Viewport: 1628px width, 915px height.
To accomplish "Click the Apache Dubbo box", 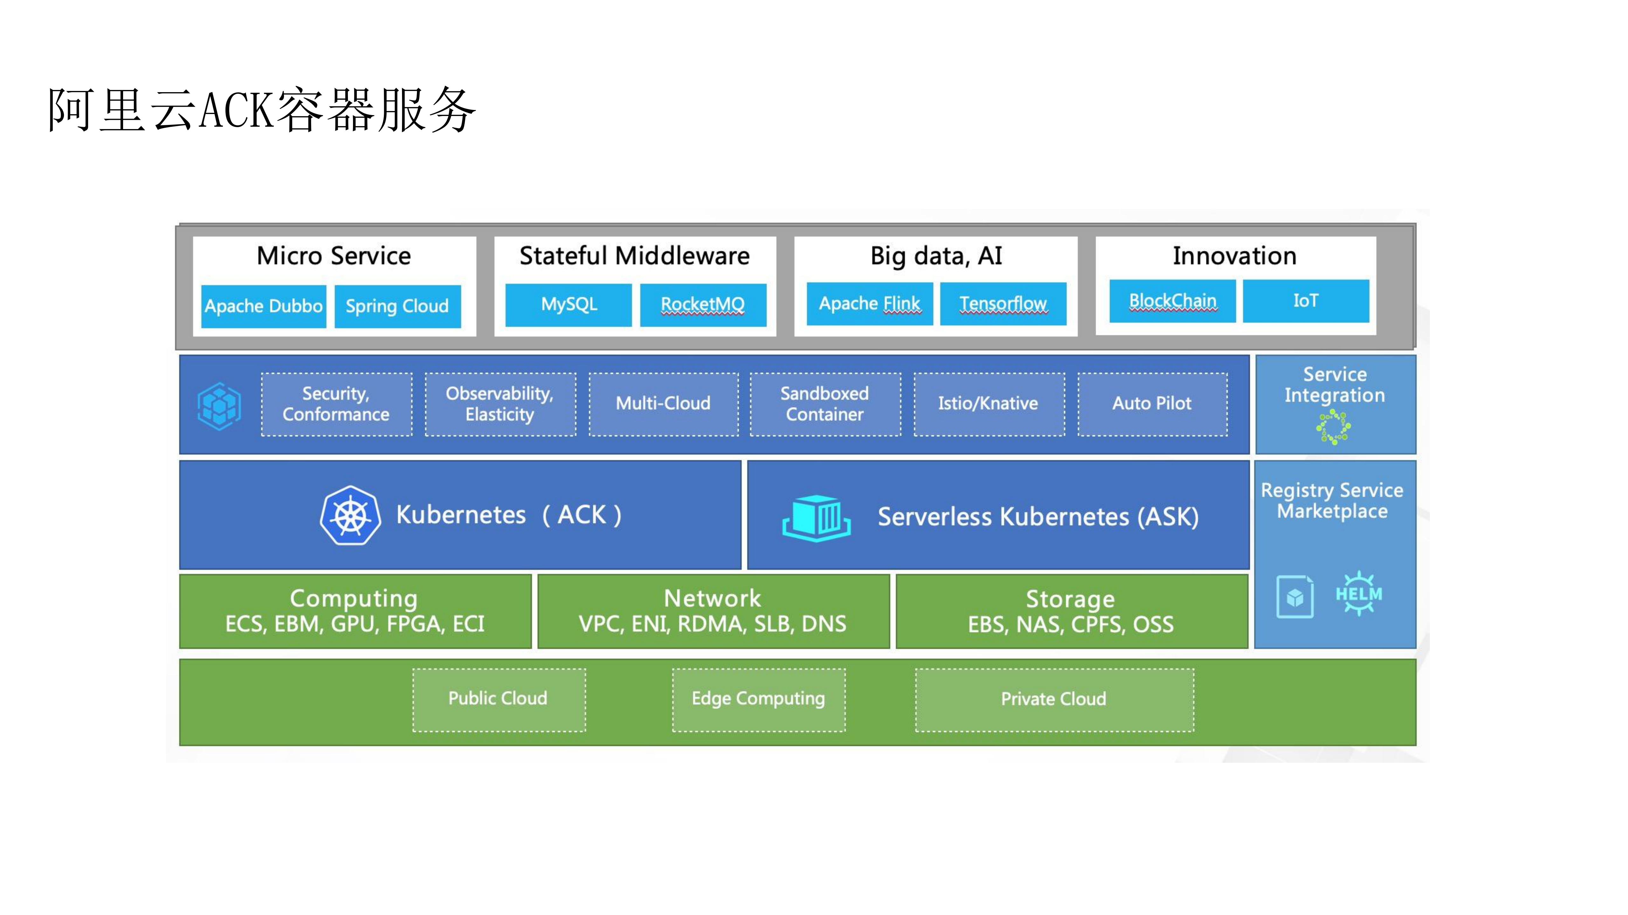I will (x=264, y=306).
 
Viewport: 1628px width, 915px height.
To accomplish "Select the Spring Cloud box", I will (x=397, y=306).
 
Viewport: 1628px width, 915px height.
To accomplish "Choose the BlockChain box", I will (x=1172, y=301).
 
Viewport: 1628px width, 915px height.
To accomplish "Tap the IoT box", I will (x=1306, y=301).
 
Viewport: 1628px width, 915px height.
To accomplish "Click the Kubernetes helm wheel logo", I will (x=350, y=515).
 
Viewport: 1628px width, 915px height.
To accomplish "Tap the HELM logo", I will (x=1359, y=594).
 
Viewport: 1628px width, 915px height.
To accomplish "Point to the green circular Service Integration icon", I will (x=1334, y=427).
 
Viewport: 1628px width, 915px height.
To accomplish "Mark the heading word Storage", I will (x=1070, y=599).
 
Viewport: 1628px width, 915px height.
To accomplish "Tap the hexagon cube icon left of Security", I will (x=219, y=406).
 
